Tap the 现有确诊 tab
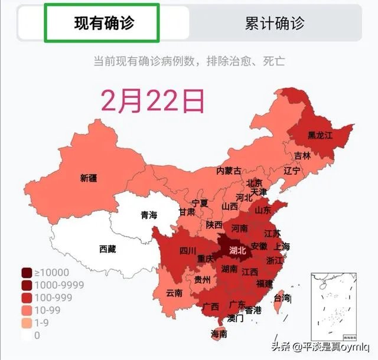pos(102,23)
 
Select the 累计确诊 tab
pos(275,23)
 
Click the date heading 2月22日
pos(152,100)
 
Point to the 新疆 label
pos(89,178)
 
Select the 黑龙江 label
pos(321,135)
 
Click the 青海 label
pos(149,215)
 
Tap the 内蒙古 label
pos(229,171)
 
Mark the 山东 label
pos(263,210)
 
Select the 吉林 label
pos(302,156)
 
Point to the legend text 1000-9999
pos(59,285)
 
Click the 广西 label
pos(210,306)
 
